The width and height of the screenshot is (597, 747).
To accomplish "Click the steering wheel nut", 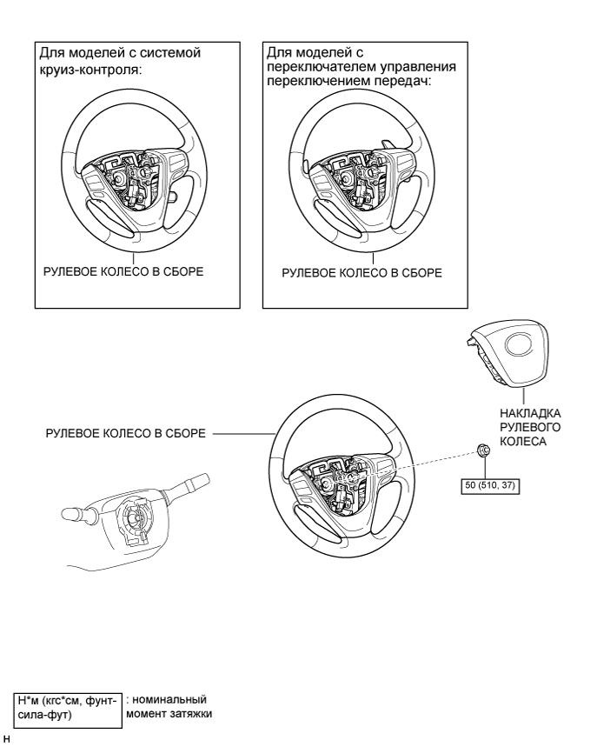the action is (x=484, y=450).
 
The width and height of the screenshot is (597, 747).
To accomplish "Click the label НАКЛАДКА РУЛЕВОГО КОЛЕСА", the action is (x=530, y=427).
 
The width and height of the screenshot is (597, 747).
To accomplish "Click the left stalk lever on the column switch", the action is (x=78, y=514).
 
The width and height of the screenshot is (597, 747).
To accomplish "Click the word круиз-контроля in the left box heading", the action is (x=91, y=70).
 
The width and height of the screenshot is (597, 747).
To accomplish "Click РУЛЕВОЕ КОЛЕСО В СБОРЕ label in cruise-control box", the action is (x=123, y=271).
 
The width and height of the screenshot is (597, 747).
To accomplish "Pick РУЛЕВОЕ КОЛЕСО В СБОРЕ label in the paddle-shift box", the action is (x=362, y=273).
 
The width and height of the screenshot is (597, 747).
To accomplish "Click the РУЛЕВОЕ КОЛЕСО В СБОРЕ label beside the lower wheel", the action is (x=126, y=434).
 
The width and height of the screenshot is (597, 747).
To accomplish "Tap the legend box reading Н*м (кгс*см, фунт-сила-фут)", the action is (x=68, y=710).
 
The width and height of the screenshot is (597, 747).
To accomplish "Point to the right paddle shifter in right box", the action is (x=388, y=143).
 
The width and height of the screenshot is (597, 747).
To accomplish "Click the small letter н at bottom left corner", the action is (x=6, y=739).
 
